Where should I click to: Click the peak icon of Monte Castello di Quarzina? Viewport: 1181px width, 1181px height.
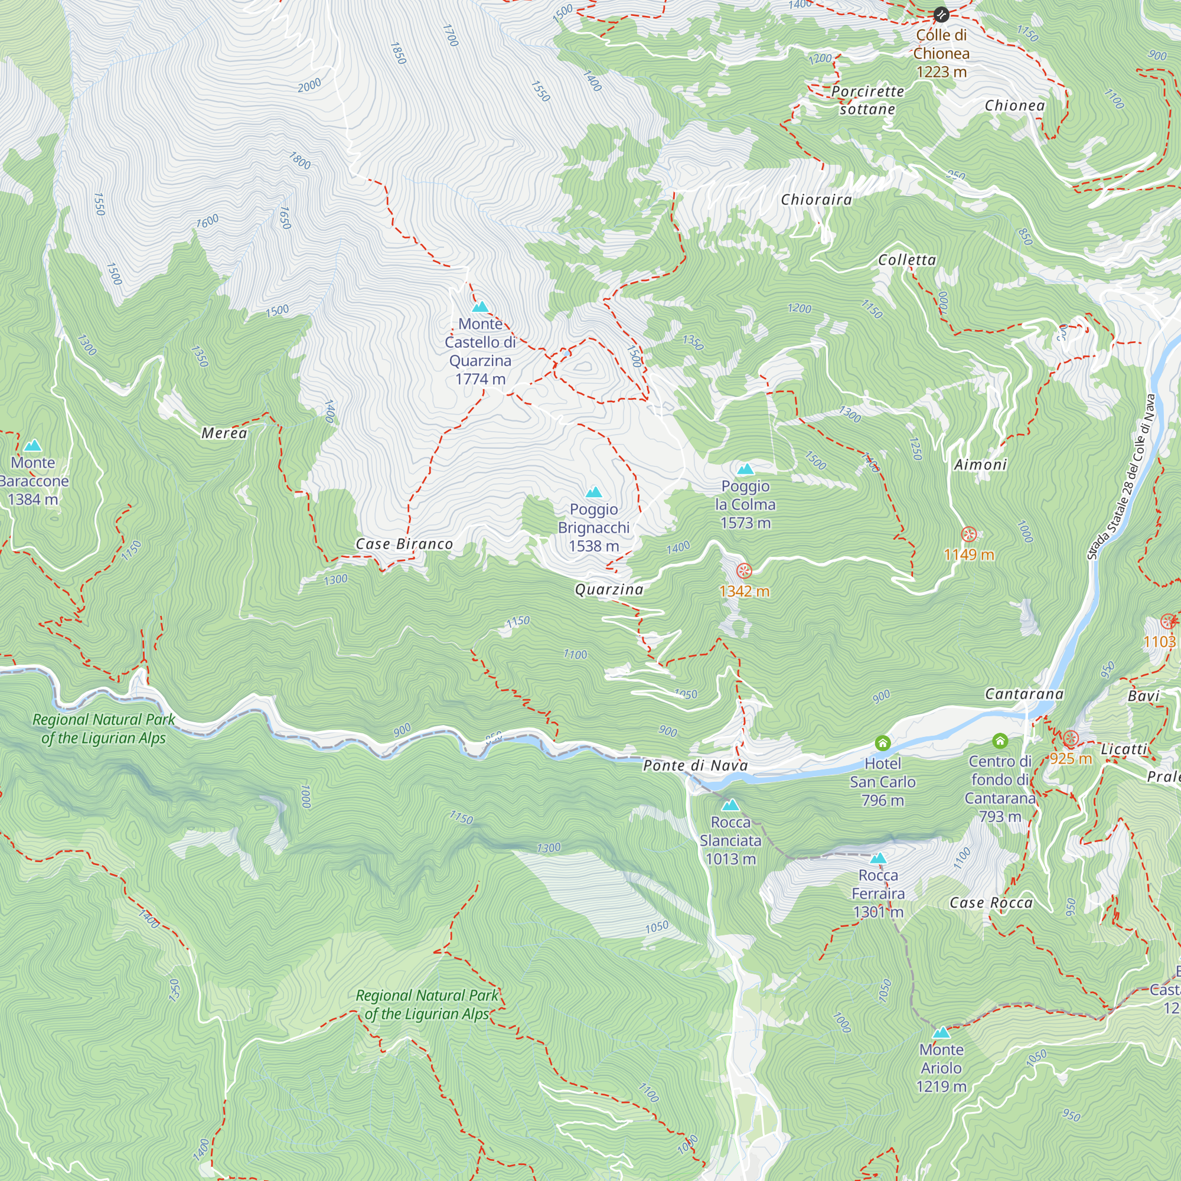481,306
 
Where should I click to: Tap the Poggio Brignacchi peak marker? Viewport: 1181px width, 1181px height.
593,492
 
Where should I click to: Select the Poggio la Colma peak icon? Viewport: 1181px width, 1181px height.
745,469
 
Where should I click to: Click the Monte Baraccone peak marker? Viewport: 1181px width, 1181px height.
33,445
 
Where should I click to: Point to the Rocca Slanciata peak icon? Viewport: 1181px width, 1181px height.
730,804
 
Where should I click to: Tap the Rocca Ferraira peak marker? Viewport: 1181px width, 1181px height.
878,857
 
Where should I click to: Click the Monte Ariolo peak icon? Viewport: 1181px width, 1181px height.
941,1032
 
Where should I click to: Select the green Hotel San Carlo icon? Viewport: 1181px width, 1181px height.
882,743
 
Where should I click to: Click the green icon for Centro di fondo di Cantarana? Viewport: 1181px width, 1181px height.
1000,741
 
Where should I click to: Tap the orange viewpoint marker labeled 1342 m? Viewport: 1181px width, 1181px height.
744,570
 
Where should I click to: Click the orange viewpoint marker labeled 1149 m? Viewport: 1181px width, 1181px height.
968,534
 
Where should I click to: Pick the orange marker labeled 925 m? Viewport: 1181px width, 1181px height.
1070,738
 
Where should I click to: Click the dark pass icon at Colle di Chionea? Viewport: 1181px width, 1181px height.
941,14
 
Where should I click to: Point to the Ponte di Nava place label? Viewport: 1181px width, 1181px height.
695,765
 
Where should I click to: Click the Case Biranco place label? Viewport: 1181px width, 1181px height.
404,543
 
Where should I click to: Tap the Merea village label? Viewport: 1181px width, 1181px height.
224,433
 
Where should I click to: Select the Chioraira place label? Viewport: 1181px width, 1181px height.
816,199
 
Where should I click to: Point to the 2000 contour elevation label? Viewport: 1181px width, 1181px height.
309,85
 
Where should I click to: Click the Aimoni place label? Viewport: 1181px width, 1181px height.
980,465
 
